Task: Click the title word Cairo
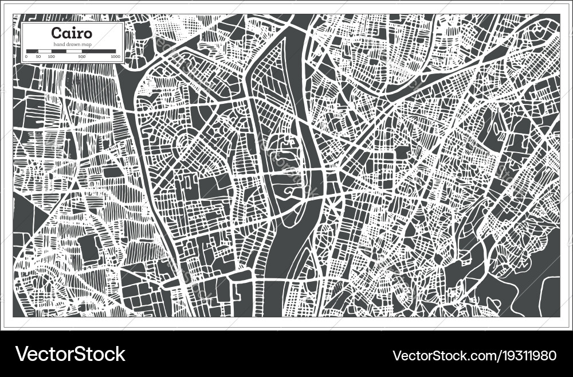point(72,33)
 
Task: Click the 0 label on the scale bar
point(26,57)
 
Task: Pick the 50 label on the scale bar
point(38,57)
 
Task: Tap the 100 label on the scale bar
point(51,57)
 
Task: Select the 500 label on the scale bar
point(82,57)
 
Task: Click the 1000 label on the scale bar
point(115,57)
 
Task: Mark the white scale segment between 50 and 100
point(45,52)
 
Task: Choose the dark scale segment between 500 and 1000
point(99,52)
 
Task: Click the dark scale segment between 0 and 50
point(32,52)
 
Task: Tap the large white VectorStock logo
point(70,353)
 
